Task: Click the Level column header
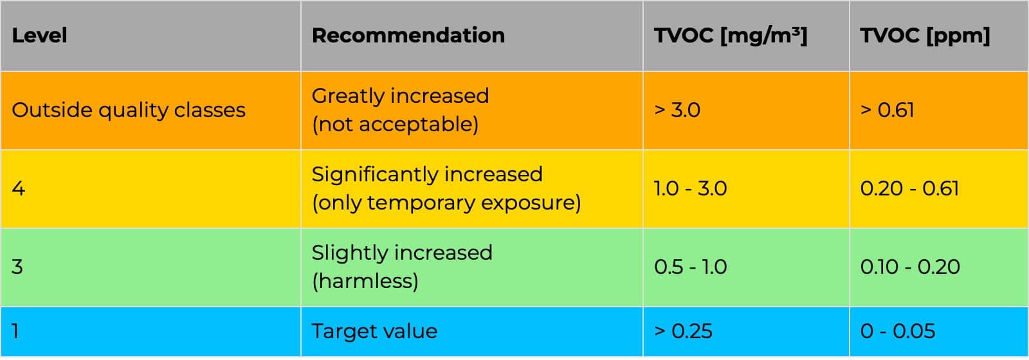click(39, 35)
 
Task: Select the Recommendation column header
click(408, 35)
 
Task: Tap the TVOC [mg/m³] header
click(730, 35)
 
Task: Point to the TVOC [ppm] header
click(925, 35)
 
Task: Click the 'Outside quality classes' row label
click(129, 110)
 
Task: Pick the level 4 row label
click(19, 188)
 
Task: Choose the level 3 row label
click(17, 267)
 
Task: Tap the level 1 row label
click(15, 331)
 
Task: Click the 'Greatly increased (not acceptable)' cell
click(400, 110)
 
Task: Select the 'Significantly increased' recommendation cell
click(446, 188)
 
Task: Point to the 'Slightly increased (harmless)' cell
click(402, 267)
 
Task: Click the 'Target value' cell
click(374, 331)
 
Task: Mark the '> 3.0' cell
click(677, 110)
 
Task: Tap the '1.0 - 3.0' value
click(690, 188)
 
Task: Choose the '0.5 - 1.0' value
click(690, 267)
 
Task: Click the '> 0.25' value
click(683, 331)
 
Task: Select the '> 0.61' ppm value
click(887, 110)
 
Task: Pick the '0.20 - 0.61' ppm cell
click(909, 188)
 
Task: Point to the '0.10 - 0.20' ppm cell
click(910, 267)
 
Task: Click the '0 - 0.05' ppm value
click(898, 331)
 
